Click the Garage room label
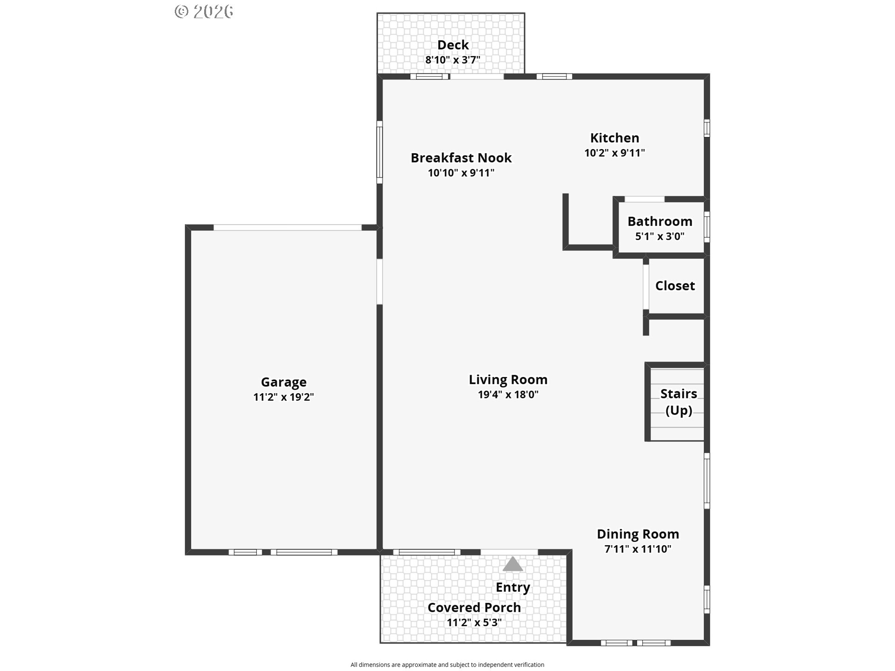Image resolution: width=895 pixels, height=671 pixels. tap(283, 382)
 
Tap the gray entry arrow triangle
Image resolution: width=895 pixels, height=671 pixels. tap(512, 564)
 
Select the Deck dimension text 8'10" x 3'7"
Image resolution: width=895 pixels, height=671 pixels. tap(452, 60)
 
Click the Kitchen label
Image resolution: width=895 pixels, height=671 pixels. tap(614, 138)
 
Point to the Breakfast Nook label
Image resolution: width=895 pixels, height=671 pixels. tap(461, 158)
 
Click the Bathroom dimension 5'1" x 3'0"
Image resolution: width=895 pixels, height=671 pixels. tap(660, 236)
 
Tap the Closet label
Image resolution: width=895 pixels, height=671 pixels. tap(675, 286)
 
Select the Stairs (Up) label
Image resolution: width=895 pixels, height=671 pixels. tap(678, 402)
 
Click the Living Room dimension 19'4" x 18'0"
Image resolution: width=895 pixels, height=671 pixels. tap(508, 395)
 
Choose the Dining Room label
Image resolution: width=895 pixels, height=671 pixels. tap(638, 534)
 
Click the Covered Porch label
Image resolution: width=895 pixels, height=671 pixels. tap(474, 608)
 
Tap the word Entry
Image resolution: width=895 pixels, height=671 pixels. tap(512, 587)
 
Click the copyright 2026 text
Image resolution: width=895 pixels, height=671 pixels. tap(204, 11)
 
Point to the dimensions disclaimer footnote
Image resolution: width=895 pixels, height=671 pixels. tap(447, 665)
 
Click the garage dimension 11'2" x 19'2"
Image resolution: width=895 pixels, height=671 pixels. tap(283, 397)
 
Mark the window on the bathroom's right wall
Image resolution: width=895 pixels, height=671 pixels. tap(707, 227)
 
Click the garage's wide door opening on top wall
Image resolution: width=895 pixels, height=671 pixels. tap(287, 227)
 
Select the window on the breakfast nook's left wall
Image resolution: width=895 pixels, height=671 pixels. tap(379, 152)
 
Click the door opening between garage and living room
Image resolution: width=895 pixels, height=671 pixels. tap(379, 281)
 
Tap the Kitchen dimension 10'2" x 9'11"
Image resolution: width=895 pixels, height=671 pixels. tap(614, 153)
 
